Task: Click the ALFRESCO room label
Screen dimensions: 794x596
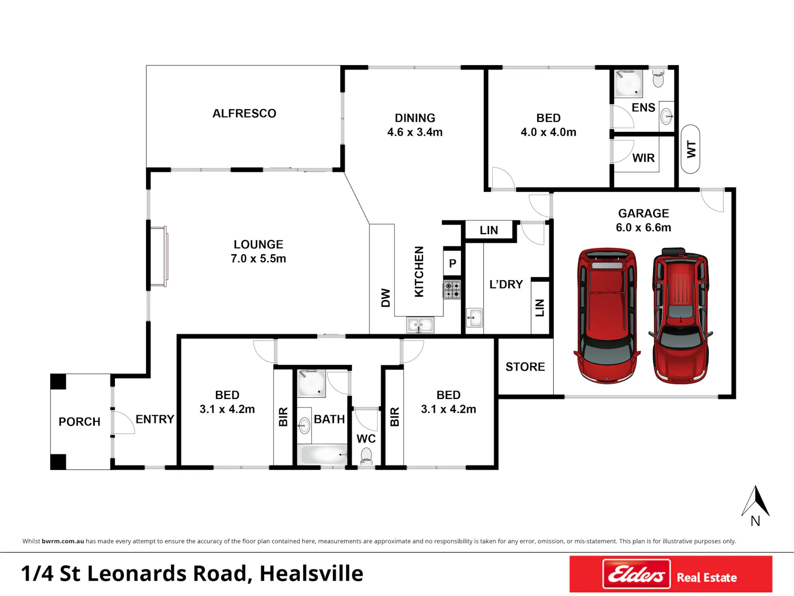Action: [244, 113]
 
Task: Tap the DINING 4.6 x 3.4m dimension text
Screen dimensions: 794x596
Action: [415, 132]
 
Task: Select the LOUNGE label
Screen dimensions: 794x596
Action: [258, 244]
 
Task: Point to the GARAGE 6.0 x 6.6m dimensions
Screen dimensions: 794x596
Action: [643, 227]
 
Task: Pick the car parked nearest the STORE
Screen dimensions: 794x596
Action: [607, 315]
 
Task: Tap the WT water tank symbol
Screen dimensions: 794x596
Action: [690, 149]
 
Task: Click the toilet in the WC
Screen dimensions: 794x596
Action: [366, 456]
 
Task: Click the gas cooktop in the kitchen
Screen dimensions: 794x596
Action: [452, 290]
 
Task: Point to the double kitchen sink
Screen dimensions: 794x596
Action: [420, 325]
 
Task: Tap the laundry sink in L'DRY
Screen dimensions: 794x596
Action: [474, 317]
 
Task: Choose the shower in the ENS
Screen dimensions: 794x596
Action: [629, 84]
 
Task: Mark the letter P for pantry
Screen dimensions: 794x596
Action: [453, 263]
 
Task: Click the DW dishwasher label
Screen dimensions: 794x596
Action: [385, 298]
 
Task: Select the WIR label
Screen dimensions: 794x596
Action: [644, 158]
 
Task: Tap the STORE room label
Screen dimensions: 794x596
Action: [525, 367]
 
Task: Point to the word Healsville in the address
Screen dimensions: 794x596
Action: [311, 574]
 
